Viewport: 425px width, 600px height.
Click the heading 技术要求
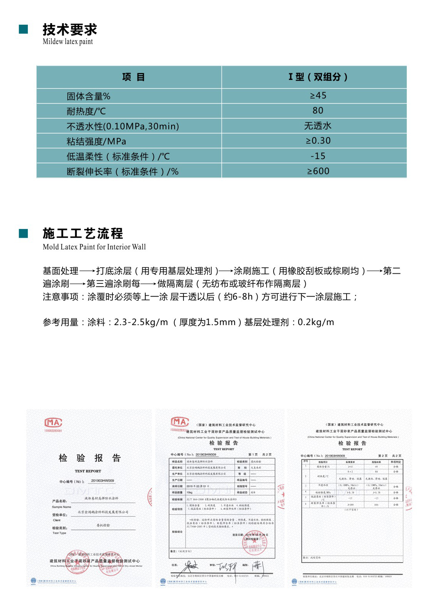[x=70, y=29]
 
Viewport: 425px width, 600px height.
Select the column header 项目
[x=133, y=77]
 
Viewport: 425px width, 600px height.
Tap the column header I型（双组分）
[x=318, y=77]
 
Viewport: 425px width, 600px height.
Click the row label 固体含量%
[x=88, y=96]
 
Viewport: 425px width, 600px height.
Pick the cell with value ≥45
[x=318, y=95]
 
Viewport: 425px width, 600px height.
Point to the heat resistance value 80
[x=318, y=110]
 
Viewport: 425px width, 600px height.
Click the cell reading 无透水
[x=318, y=126]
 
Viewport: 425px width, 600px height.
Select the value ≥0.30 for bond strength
[x=318, y=141]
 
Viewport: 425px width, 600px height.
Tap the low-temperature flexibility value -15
[x=318, y=156]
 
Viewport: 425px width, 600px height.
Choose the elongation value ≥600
[x=318, y=171]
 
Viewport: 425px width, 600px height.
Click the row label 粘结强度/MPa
[x=96, y=141]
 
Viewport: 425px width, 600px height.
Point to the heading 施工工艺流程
[x=83, y=233]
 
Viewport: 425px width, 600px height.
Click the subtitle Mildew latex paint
[x=68, y=42]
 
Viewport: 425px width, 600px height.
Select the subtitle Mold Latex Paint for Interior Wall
[x=94, y=247]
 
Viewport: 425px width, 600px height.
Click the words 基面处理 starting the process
[x=60, y=271]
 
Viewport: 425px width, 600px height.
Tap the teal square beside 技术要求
[x=24, y=29]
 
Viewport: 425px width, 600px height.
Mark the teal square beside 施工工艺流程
[x=24, y=233]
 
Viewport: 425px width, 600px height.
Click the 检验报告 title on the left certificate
[x=90, y=458]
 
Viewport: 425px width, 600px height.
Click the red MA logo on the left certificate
[x=53, y=422]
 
